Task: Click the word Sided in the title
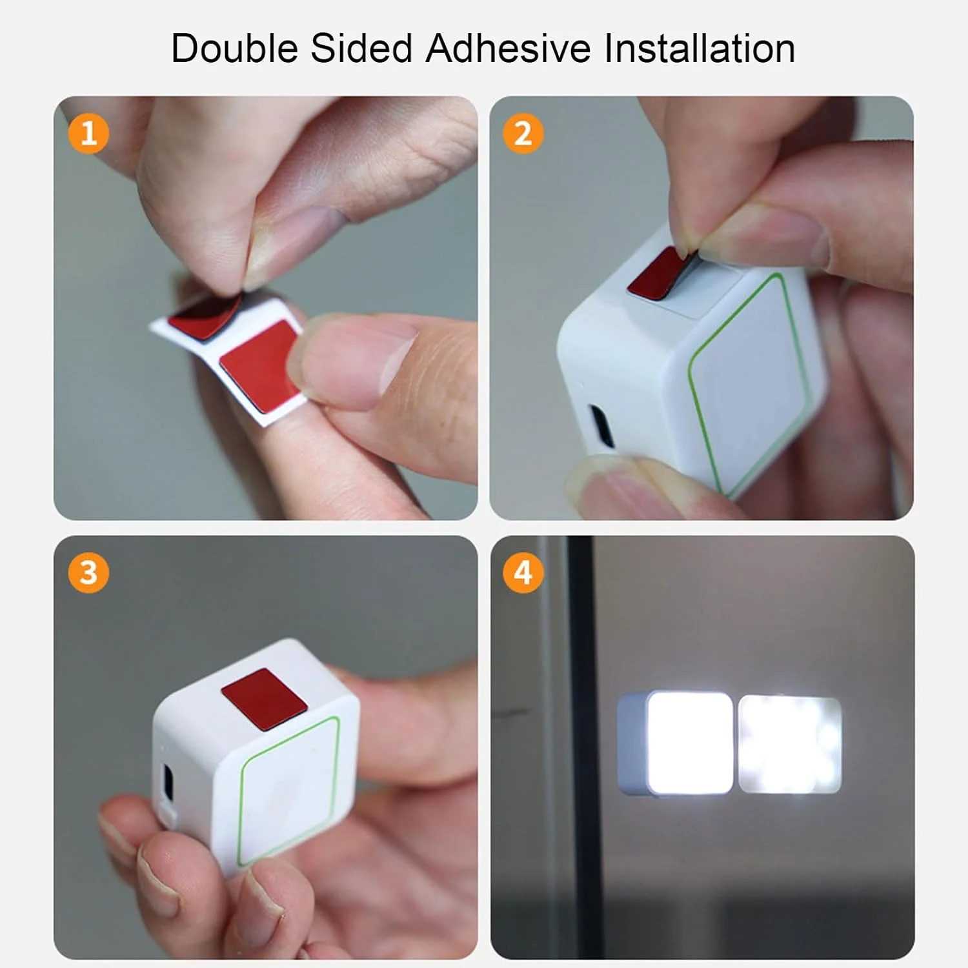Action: coord(361,48)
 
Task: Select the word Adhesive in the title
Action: coord(508,48)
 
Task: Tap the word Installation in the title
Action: coord(700,48)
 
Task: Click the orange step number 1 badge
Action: coord(88,134)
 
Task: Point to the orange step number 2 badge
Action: coord(523,134)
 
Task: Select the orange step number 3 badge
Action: coord(88,572)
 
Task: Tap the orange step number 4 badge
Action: coord(523,572)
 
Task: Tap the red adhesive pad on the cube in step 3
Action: coord(263,700)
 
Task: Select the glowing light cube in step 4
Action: coord(675,743)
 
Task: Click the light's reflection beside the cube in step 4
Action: coord(789,743)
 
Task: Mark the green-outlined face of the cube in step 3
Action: coord(289,791)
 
